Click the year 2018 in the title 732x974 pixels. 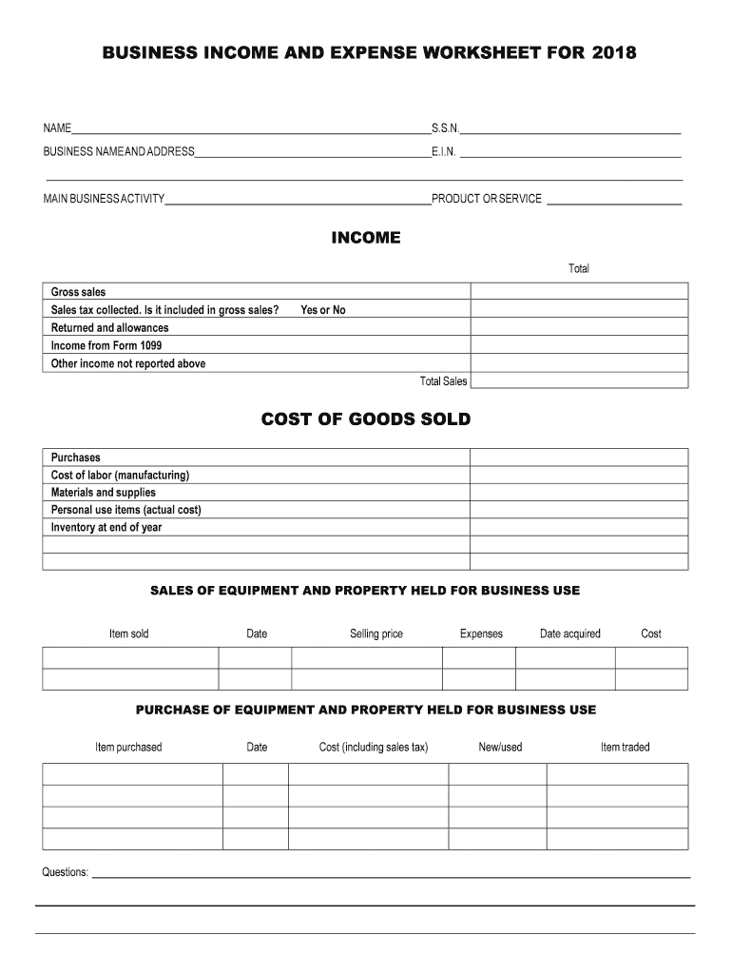613,54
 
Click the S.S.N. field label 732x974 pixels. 445,127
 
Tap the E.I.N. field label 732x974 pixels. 444,151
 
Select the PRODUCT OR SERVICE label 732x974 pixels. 487,199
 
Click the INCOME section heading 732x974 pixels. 366,238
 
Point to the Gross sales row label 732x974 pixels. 78,292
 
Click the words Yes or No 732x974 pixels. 323,310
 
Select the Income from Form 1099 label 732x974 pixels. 106,345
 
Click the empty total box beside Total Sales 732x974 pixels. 579,380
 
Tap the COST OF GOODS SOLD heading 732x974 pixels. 366,419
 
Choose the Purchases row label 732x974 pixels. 75,458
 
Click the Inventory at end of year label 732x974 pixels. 106,527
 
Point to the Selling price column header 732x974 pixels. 376,633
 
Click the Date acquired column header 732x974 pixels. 570,633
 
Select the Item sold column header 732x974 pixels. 129,633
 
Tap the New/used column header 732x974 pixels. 500,747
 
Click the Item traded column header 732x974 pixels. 625,747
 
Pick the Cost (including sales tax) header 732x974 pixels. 374,747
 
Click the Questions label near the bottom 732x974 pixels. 65,871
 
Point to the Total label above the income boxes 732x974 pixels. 579,268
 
